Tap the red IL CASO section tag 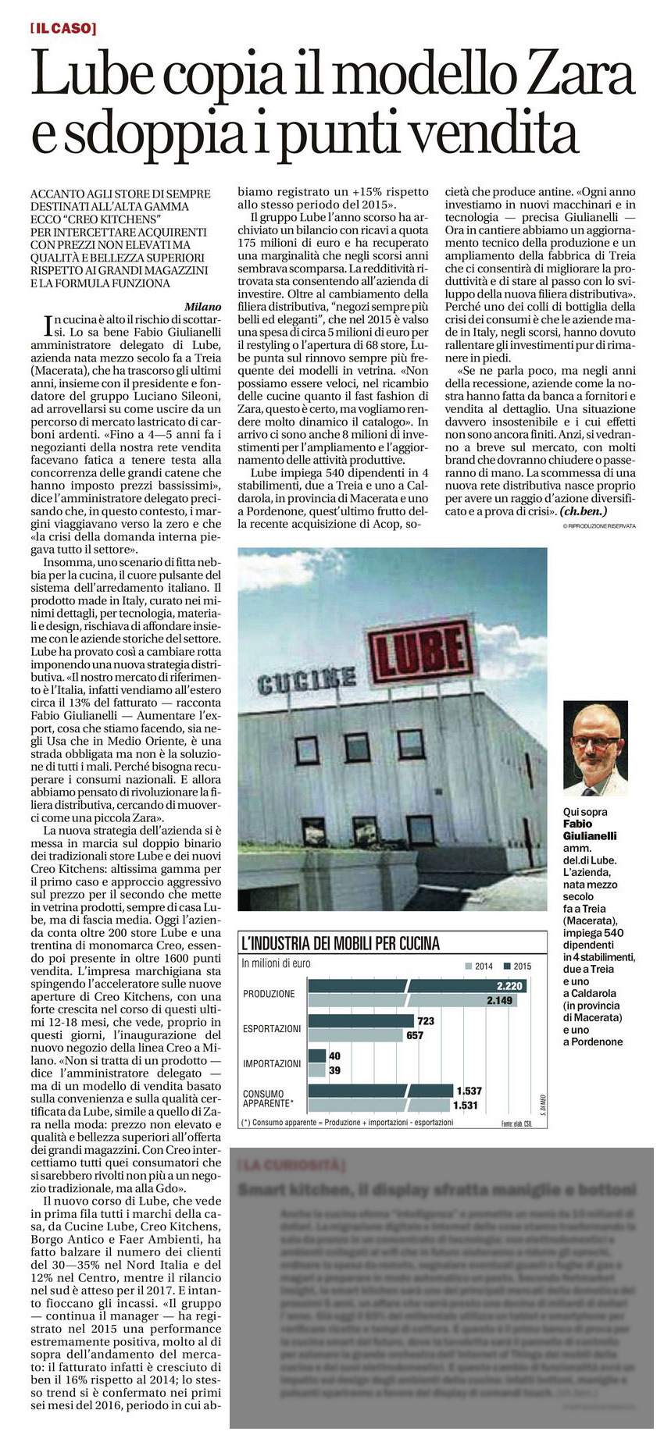[x=63, y=29]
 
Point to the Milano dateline [x=202, y=307]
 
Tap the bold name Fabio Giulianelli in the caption [x=589, y=829]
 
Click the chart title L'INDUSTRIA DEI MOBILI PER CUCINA [x=341, y=943]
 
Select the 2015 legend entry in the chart [x=516, y=966]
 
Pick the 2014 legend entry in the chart [x=478, y=966]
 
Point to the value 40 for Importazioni [x=334, y=1056]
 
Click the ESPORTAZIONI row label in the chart [x=271, y=1028]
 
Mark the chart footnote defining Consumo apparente [x=347, y=1123]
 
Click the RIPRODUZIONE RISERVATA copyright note [x=598, y=526]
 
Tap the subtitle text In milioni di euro [x=276, y=963]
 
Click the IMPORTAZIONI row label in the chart [x=271, y=1063]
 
